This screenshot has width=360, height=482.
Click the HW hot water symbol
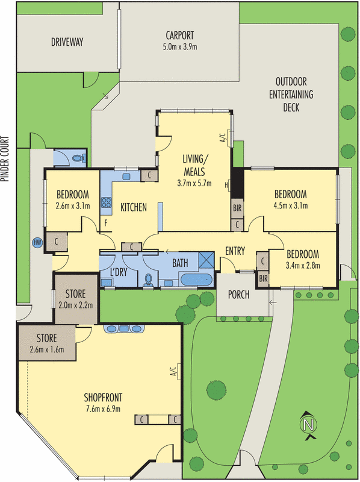(37, 243)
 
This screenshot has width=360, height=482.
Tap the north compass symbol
(309, 424)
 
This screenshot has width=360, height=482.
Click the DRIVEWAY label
(67, 42)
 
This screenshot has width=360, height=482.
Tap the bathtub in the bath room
(195, 280)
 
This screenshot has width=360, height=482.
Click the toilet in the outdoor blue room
(76, 158)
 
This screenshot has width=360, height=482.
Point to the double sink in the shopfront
(124, 329)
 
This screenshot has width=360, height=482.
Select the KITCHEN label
(134, 208)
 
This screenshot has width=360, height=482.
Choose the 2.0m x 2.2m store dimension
(76, 305)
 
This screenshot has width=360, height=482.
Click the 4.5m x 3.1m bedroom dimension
(291, 205)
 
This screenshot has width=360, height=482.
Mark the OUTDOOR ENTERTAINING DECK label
(291, 95)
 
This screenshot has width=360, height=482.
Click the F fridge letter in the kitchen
(106, 223)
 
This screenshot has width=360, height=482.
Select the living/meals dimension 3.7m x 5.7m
(194, 183)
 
